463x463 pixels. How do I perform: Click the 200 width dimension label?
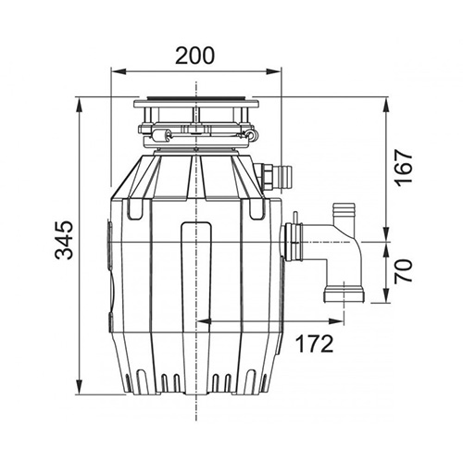(x=194, y=56)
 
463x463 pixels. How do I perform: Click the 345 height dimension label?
(x=64, y=240)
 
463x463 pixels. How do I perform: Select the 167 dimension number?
(x=404, y=168)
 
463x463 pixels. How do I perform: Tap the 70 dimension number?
(x=404, y=270)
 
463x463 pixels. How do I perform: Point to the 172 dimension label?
(x=315, y=344)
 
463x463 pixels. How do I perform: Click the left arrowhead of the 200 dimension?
(x=119, y=71)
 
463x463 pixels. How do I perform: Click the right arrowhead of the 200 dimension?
(x=274, y=71)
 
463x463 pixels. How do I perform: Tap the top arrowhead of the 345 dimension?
(x=80, y=106)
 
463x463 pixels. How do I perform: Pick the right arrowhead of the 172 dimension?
(x=336, y=321)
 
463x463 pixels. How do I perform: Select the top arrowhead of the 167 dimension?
(x=386, y=106)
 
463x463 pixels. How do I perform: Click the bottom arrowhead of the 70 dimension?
(x=386, y=295)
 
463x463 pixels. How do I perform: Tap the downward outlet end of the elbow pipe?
(x=344, y=294)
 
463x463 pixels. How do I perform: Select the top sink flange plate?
(x=196, y=103)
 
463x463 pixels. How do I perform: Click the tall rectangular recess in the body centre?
(x=196, y=278)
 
